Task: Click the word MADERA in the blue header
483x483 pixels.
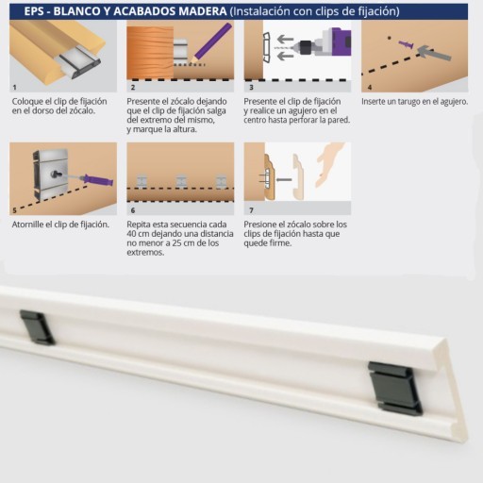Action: (x=202, y=11)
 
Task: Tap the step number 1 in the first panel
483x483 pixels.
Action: (x=14, y=87)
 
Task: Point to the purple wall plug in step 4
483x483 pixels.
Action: (x=406, y=44)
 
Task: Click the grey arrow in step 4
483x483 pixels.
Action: (x=434, y=53)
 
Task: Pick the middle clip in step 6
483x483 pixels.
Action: (x=181, y=182)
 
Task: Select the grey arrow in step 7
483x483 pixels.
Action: (x=284, y=180)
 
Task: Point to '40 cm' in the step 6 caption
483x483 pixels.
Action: (x=138, y=234)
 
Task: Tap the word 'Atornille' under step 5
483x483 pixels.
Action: (x=27, y=225)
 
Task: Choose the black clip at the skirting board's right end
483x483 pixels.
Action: (x=395, y=388)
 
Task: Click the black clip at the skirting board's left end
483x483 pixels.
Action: (x=38, y=327)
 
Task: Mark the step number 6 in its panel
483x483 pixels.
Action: (x=133, y=210)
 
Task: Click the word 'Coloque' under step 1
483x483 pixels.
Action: (x=27, y=102)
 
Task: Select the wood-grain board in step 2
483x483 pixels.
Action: (x=150, y=52)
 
